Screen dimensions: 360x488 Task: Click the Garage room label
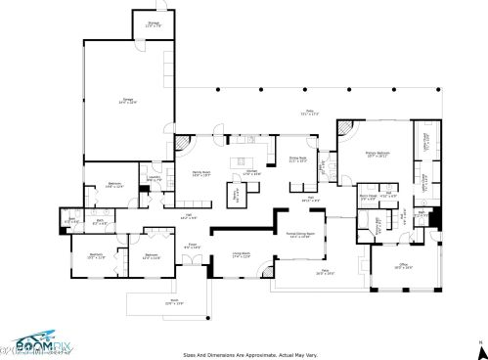click(x=127, y=100)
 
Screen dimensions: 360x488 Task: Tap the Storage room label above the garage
click(x=154, y=25)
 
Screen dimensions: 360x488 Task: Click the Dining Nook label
click(x=299, y=160)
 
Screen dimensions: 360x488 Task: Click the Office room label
click(x=403, y=265)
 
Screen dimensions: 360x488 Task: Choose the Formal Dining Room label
click(x=299, y=236)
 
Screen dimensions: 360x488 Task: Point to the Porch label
click(x=147, y=303)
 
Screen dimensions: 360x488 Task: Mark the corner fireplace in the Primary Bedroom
click(x=343, y=128)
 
